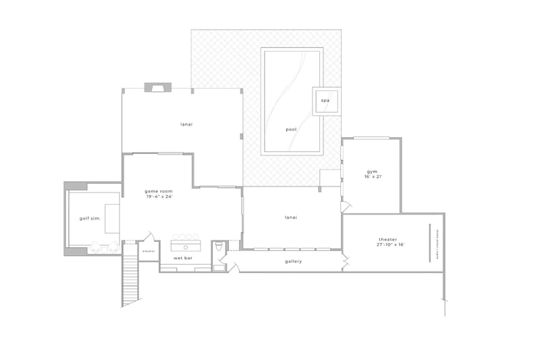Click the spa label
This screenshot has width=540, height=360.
(x=325, y=101)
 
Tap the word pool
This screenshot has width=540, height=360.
(x=291, y=129)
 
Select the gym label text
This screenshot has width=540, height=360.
(x=371, y=171)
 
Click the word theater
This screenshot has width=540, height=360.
(x=387, y=240)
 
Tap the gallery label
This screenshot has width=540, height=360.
(x=293, y=261)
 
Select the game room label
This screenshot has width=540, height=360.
(x=159, y=191)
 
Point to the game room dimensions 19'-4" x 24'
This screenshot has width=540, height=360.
(x=159, y=197)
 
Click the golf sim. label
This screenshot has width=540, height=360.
(x=90, y=218)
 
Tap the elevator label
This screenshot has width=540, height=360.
(x=148, y=251)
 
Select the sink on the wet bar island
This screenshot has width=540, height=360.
(x=185, y=247)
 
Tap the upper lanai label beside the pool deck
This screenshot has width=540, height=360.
(x=186, y=124)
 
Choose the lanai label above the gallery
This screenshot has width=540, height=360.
(x=291, y=217)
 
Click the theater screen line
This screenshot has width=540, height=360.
(x=429, y=242)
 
